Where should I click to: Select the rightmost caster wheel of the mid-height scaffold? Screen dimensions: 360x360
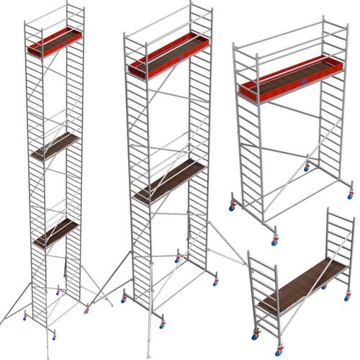[x=350, y=194]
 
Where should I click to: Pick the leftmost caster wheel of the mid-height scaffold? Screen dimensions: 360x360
[x=232, y=208]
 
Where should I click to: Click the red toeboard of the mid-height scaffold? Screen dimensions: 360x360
[x=288, y=90]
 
